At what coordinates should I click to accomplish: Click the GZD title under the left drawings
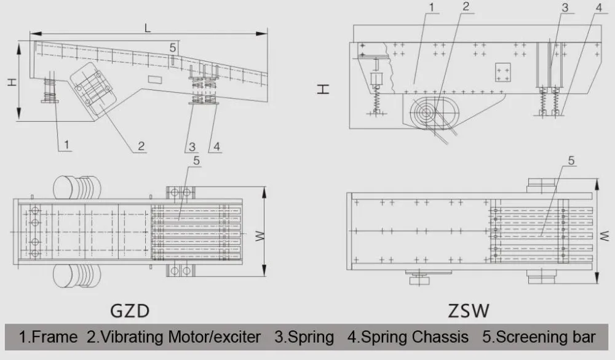tap(130, 311)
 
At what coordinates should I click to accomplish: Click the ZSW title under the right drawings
tap(468, 311)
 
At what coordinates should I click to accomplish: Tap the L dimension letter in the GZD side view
tap(148, 28)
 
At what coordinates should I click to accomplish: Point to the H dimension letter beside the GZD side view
tap(12, 82)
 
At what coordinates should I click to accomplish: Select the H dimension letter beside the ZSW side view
tap(323, 89)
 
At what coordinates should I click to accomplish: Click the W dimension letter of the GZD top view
tap(260, 236)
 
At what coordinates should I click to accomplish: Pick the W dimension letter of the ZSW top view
tap(605, 236)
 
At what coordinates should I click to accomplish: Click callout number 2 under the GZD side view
tap(141, 146)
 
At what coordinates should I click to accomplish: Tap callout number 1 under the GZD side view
tap(66, 145)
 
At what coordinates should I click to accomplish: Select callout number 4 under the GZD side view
tap(217, 147)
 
